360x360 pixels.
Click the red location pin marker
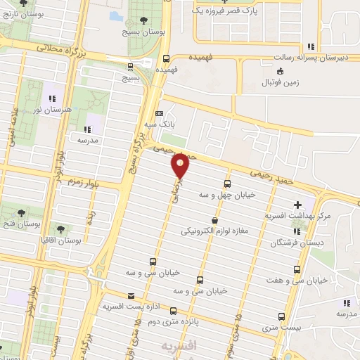click(181, 165)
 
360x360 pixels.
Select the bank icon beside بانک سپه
click(159, 113)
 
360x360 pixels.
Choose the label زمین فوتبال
click(284, 82)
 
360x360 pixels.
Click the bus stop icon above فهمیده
click(166, 58)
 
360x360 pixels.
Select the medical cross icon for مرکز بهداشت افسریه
click(297, 205)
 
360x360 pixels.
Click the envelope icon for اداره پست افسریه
click(131, 296)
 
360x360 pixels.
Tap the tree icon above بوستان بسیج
click(144, 20)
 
